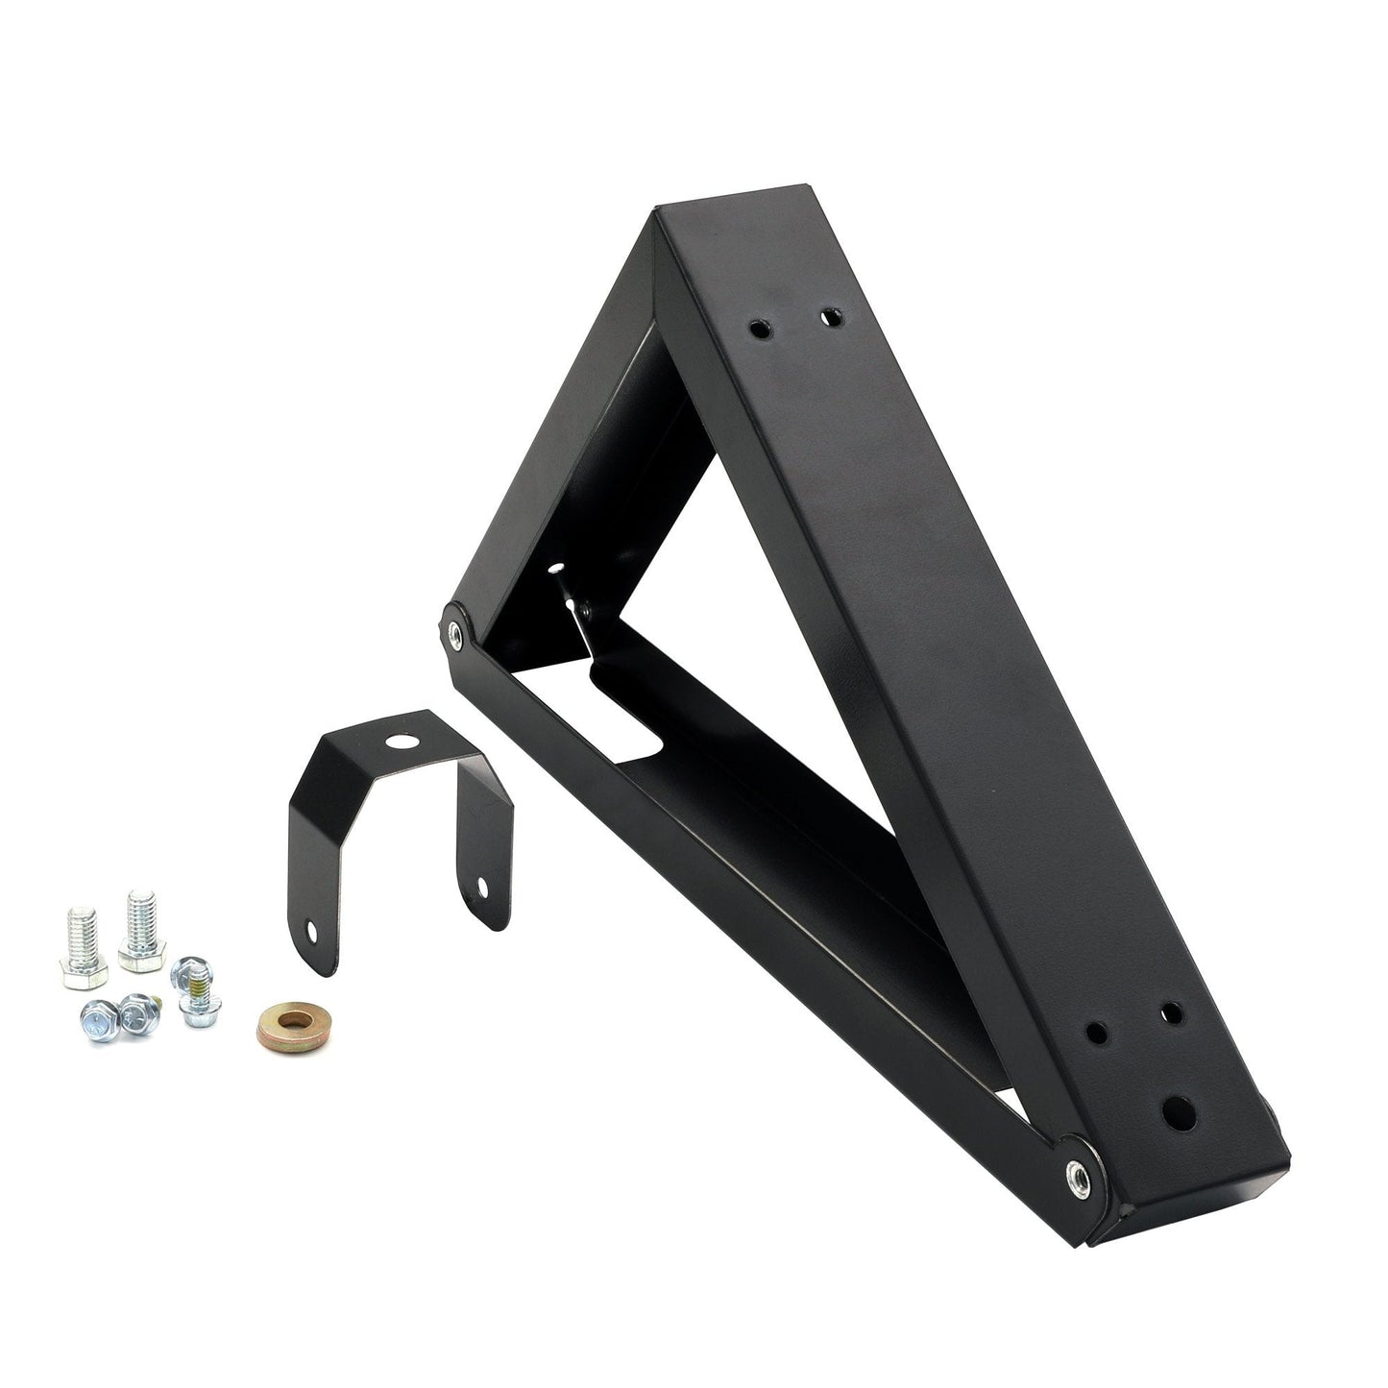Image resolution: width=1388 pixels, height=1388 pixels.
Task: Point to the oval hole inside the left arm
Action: pos(555,570)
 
